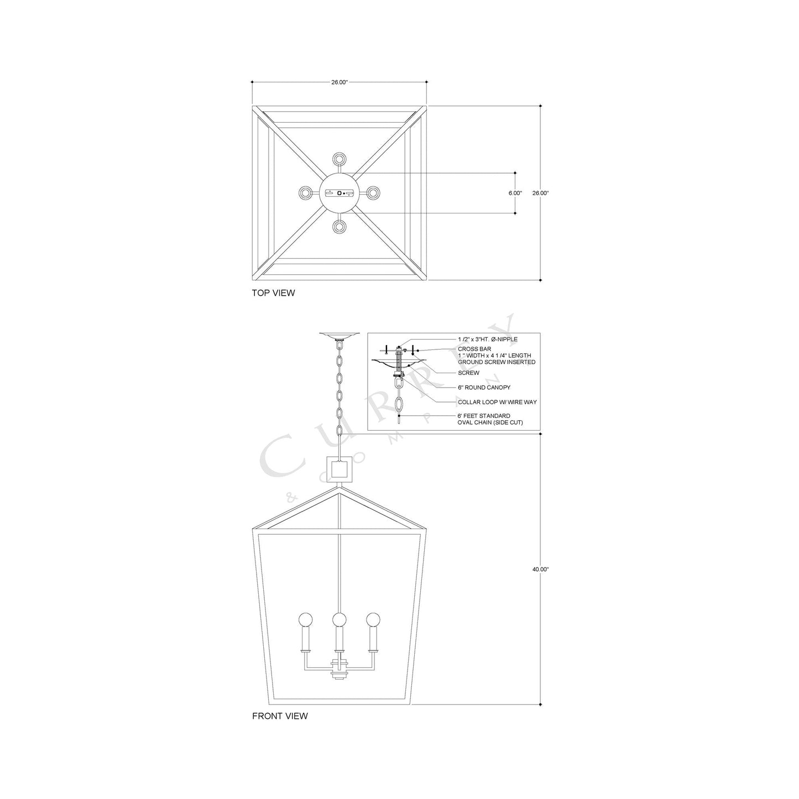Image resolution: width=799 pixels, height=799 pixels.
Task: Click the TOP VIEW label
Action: [x=273, y=293]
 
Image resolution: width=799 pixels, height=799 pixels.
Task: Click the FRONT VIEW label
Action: [x=280, y=716]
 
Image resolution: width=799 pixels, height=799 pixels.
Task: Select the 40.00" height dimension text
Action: [x=540, y=569]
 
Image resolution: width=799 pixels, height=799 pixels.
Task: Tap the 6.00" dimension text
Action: [x=515, y=193]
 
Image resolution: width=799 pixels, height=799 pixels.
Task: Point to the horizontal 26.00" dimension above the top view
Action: [x=339, y=82]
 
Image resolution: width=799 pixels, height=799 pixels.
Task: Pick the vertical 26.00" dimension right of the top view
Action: [x=540, y=193]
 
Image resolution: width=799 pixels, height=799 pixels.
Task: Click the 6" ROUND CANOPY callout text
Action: [x=484, y=388]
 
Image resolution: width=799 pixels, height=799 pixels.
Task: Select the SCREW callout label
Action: [x=468, y=373]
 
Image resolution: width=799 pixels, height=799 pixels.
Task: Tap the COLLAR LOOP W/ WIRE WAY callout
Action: [x=497, y=402]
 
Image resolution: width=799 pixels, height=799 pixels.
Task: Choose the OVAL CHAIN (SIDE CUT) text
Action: [x=490, y=422]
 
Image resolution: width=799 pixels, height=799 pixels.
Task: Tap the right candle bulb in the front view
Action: [x=374, y=619]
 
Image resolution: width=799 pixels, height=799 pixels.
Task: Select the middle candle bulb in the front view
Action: [x=339, y=619]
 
